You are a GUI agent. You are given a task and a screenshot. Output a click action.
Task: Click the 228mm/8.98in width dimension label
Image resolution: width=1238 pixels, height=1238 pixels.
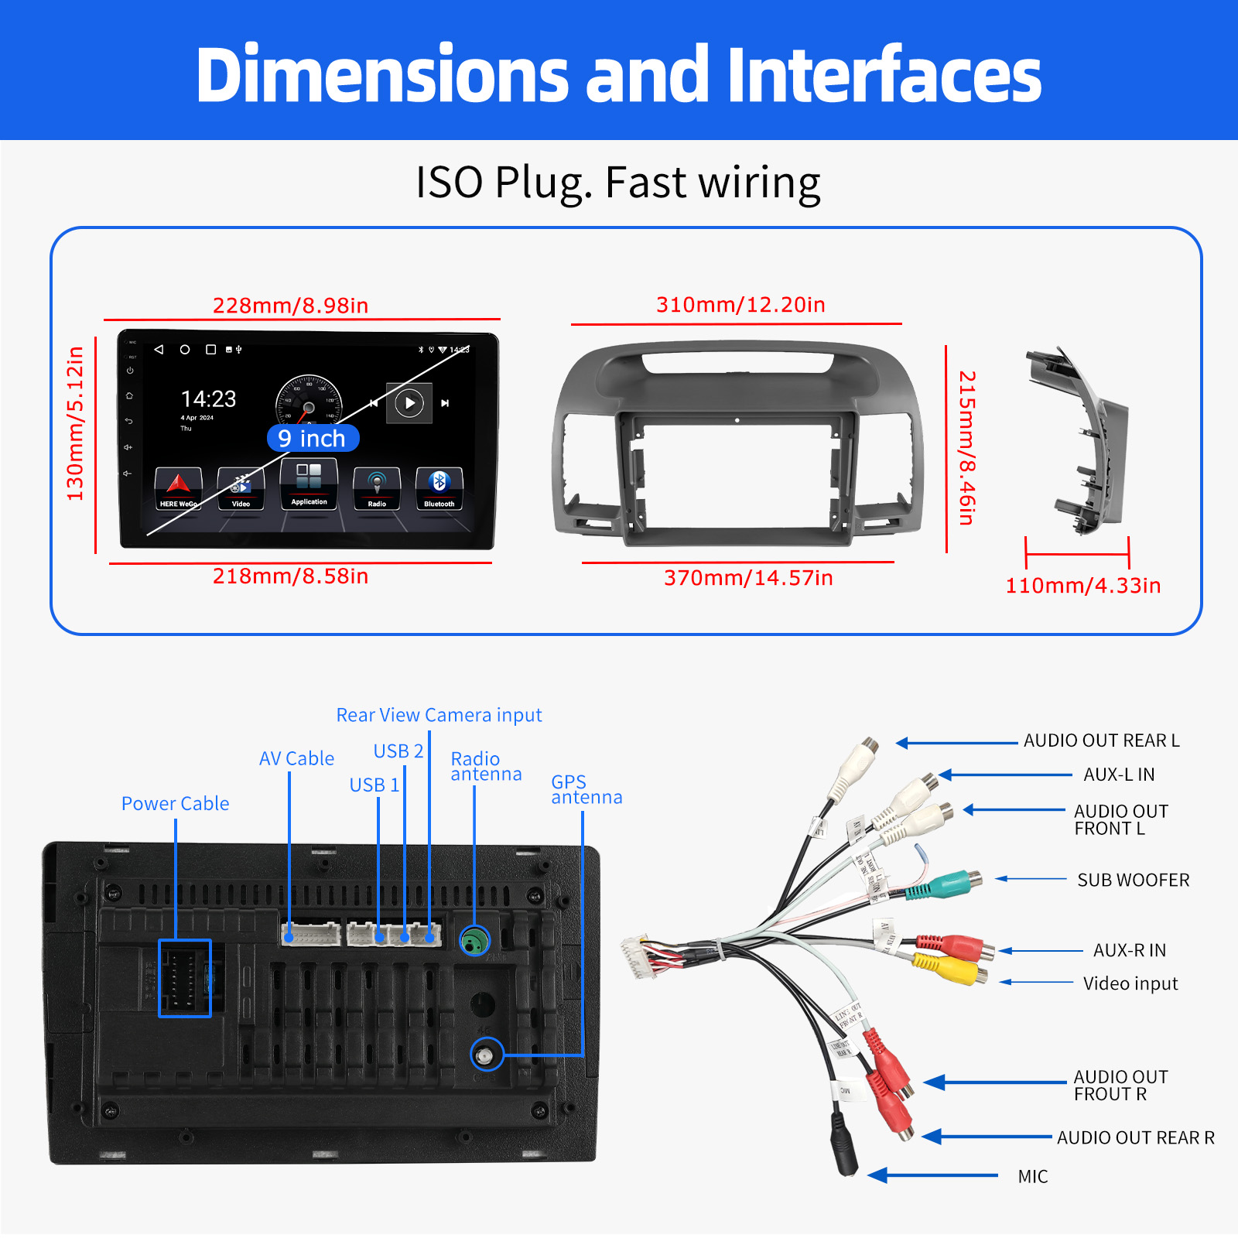pos(290,306)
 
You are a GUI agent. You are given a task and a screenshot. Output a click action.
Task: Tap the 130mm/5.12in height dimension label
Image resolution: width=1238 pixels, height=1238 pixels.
pos(75,424)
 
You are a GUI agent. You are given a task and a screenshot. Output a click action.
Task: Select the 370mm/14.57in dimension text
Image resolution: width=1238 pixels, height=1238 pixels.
pos(748,578)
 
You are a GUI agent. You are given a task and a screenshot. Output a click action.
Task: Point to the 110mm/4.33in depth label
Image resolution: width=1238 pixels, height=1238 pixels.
pos(1082,586)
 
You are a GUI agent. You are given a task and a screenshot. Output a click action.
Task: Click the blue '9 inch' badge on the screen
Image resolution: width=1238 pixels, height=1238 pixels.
pos(313,439)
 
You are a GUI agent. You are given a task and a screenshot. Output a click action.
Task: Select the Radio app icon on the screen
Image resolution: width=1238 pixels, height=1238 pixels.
pos(377,487)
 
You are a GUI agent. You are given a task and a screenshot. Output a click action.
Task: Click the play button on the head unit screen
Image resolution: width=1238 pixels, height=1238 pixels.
pos(409,403)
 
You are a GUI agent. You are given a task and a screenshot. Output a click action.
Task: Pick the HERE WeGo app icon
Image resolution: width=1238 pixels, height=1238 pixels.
pos(178,487)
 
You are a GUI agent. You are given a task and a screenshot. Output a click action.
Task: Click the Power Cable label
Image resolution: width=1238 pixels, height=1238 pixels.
pos(175,804)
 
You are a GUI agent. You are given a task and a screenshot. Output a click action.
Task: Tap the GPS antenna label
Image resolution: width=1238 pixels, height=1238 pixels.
pos(586,789)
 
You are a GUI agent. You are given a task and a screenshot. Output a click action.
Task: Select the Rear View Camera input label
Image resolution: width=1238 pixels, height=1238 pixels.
pos(439,715)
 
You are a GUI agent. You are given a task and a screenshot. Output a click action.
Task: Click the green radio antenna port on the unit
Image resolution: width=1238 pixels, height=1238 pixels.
pos(474,941)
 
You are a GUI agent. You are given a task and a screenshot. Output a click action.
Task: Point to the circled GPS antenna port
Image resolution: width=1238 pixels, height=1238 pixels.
pos(486,1055)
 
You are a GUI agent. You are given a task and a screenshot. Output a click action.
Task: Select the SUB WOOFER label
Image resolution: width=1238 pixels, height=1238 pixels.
pos(1133,881)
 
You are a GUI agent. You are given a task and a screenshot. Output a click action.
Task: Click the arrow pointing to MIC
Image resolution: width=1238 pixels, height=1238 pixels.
pos(932,1176)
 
